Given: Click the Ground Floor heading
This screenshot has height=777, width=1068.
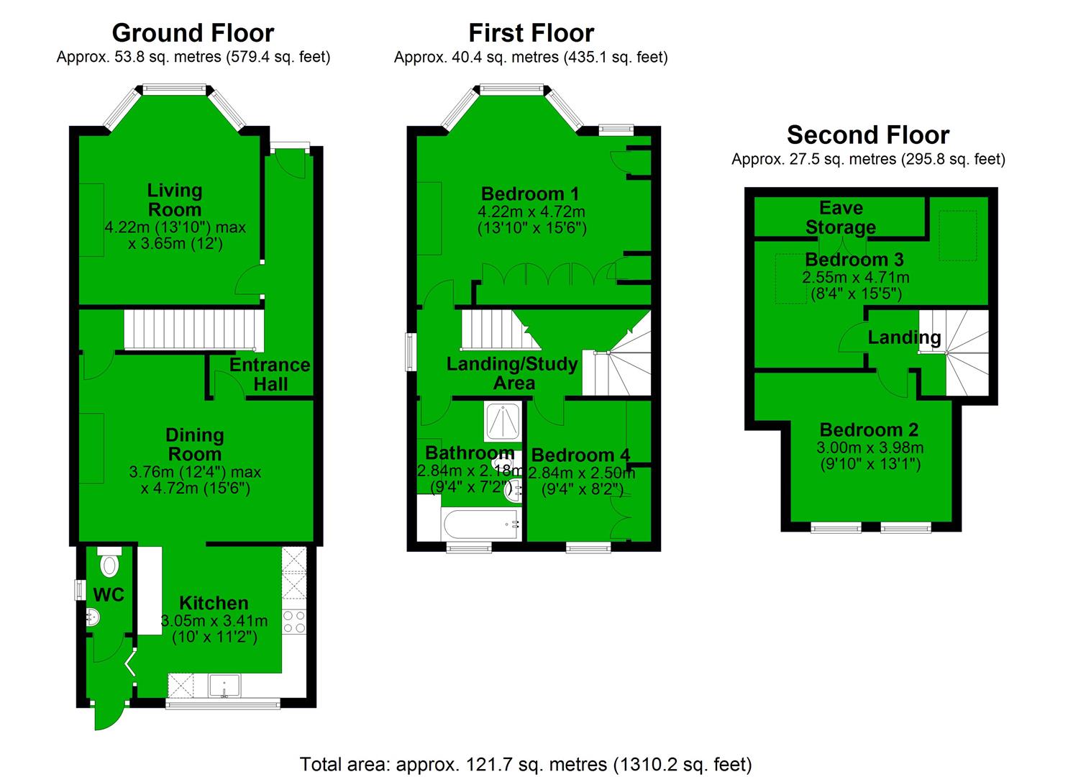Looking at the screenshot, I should click(193, 33).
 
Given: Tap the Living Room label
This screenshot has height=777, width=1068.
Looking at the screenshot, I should click(175, 200).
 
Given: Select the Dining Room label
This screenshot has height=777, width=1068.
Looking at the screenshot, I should click(194, 445).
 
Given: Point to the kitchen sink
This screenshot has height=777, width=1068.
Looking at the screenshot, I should click(224, 686).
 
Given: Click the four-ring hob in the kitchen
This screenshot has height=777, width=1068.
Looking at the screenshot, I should click(294, 622).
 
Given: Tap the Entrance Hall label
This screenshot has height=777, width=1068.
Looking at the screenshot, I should click(270, 374).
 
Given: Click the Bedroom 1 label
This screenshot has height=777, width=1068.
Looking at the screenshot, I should click(530, 194).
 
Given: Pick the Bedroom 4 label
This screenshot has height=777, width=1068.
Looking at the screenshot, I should click(580, 455).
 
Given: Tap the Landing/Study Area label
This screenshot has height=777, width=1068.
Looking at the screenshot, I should click(512, 373).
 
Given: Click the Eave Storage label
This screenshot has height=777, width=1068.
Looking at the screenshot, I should click(841, 217).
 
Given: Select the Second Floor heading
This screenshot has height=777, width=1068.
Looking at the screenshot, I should click(868, 135).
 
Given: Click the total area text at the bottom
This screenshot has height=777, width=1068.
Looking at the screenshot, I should click(526, 763).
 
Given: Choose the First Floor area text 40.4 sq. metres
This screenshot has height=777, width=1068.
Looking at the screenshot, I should click(531, 57).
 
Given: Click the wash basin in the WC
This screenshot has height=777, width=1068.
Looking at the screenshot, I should click(92, 617).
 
